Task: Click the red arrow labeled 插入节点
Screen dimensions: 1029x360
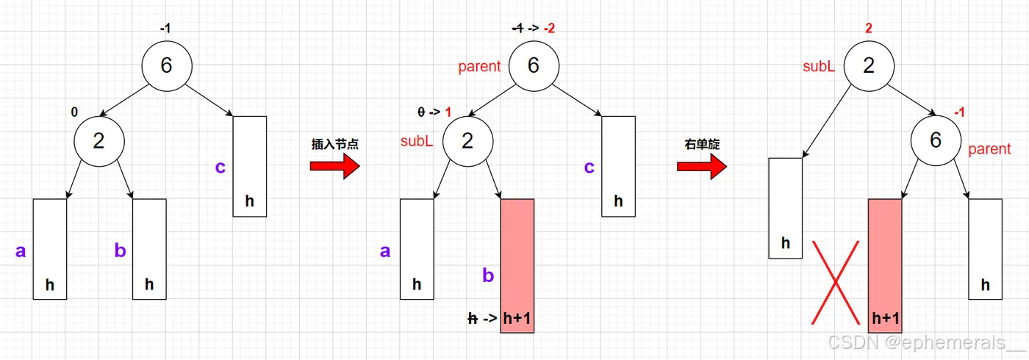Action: point(334,166)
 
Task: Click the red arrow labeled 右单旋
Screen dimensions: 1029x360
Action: point(701,166)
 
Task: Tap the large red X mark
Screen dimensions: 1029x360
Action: point(835,282)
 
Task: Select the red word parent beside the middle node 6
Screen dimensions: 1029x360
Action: point(479,66)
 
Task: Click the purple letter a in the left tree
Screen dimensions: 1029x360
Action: point(21,251)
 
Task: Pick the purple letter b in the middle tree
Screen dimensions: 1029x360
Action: point(488,276)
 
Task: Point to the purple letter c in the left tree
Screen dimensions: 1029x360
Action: point(220,168)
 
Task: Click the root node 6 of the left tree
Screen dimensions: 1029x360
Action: point(167,65)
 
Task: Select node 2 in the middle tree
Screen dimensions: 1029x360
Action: point(467,140)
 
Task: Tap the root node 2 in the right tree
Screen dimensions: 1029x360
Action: point(869,65)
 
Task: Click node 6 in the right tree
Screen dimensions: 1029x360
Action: point(936,140)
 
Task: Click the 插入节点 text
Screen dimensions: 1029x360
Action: point(334,144)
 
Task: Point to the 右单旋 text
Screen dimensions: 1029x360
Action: point(702,144)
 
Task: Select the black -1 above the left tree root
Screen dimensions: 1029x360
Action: point(166,29)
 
